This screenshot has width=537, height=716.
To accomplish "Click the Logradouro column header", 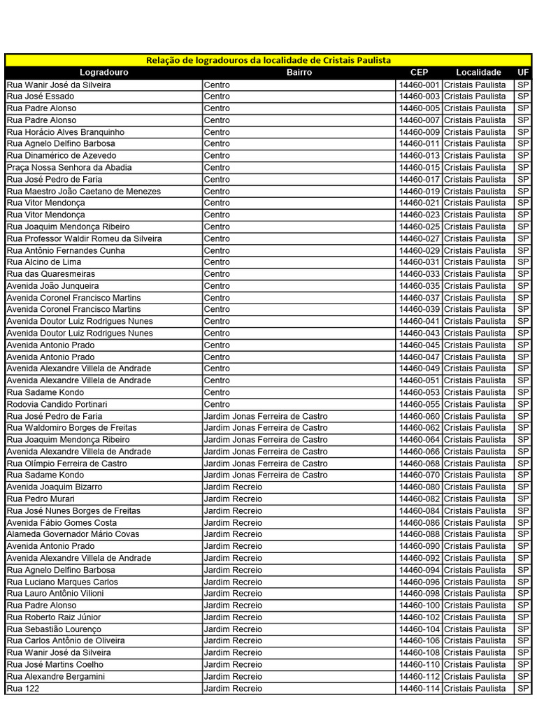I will pos(103,72).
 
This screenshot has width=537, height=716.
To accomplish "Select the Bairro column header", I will pos(299,72).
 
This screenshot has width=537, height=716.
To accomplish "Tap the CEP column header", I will pos(419,72).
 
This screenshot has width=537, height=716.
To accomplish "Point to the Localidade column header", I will pos(478,72).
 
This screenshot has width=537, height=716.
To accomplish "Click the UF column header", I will pos(523,72).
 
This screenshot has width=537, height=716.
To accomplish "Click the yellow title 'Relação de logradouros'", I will pos(268,60).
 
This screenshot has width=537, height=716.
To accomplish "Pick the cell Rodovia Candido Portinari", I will pos(57,404).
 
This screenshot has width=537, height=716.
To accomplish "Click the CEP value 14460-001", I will pos(419,85).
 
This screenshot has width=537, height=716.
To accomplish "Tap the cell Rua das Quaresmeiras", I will pos(51,274).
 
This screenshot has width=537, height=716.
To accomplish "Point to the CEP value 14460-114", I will pos(419,688).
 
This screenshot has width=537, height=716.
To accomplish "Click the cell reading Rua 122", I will pos(23,688).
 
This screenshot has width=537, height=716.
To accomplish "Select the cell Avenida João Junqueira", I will pos(53,285).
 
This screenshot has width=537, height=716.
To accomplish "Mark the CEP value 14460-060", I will pos(419,416).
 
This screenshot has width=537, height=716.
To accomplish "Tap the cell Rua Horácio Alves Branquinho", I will pos(66,131).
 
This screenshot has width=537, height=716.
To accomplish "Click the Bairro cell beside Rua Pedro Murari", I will pos(234,499).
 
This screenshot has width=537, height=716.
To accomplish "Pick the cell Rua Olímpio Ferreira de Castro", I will pos(67,463).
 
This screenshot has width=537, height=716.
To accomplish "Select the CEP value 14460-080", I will pos(419,487).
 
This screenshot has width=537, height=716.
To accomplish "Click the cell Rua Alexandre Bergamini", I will pos(56,676).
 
